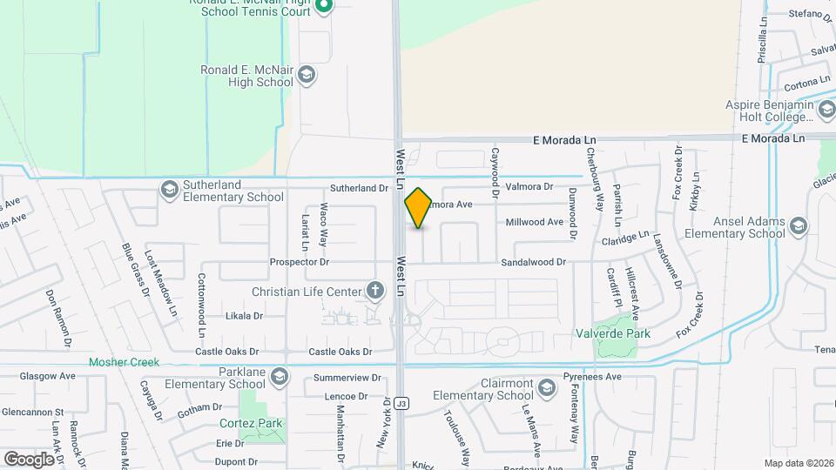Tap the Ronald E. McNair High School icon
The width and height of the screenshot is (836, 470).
click(306, 76)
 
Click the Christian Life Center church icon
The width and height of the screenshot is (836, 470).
click(375, 291)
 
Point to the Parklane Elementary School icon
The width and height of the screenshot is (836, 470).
click(279, 376)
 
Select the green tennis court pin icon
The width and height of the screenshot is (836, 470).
click(324, 8)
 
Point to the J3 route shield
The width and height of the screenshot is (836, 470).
click(401, 404)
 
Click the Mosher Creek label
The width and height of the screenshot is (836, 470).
click(123, 362)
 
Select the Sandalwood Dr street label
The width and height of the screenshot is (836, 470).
click(532, 261)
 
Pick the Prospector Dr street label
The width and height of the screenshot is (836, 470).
click(300, 261)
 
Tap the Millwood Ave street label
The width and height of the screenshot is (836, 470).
click(535, 222)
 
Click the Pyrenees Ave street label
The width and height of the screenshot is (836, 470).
click(591, 377)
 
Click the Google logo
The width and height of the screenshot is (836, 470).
click(29, 459)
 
